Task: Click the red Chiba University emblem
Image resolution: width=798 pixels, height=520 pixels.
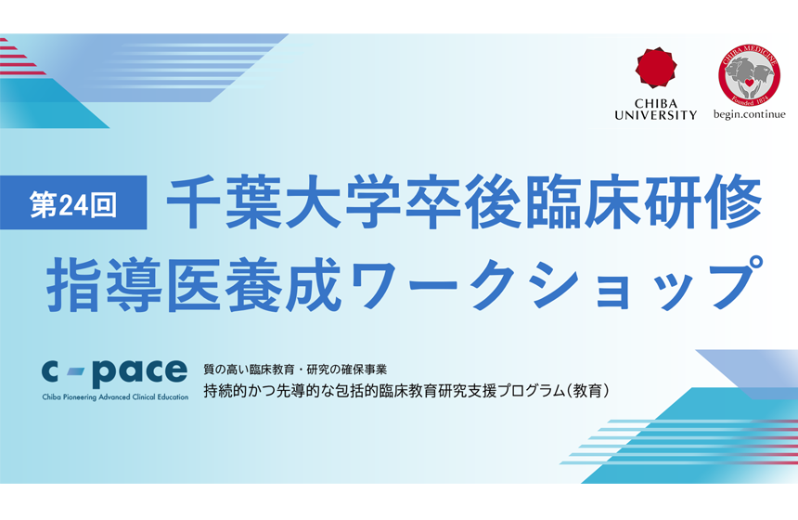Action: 655,70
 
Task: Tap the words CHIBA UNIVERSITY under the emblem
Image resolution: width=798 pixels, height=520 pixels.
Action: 655,109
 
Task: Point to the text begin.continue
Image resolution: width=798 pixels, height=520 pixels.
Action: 749,114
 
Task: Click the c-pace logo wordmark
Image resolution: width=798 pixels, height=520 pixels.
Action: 114,370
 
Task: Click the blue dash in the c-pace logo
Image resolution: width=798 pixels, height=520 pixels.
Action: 79,373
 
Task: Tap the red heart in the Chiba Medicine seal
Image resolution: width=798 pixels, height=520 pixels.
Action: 749,79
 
